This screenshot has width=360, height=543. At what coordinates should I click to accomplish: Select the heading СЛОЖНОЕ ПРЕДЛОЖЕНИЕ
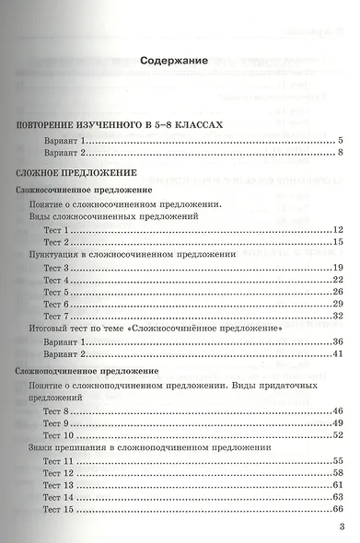coord(76,171)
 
